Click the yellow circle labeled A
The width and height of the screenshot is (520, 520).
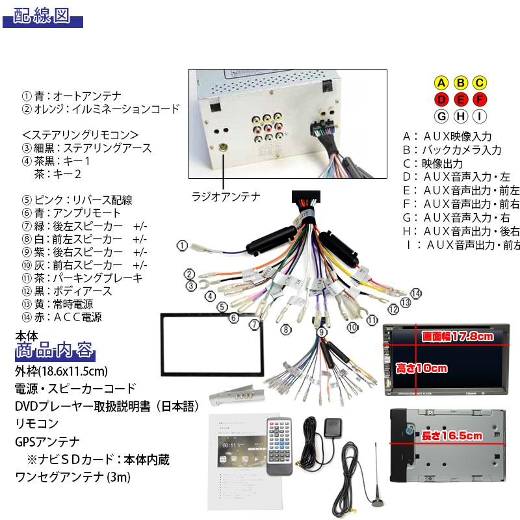point(441,83)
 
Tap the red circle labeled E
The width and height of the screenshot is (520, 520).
point(460,99)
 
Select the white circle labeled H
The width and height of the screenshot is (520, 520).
point(460,116)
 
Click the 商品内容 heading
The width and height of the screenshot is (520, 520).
point(55,353)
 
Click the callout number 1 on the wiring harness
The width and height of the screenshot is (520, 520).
point(183,246)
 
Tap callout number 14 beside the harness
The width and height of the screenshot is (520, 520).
point(416,293)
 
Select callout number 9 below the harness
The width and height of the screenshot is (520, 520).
point(322,332)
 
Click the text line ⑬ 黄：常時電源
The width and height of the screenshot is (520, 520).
point(66,304)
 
